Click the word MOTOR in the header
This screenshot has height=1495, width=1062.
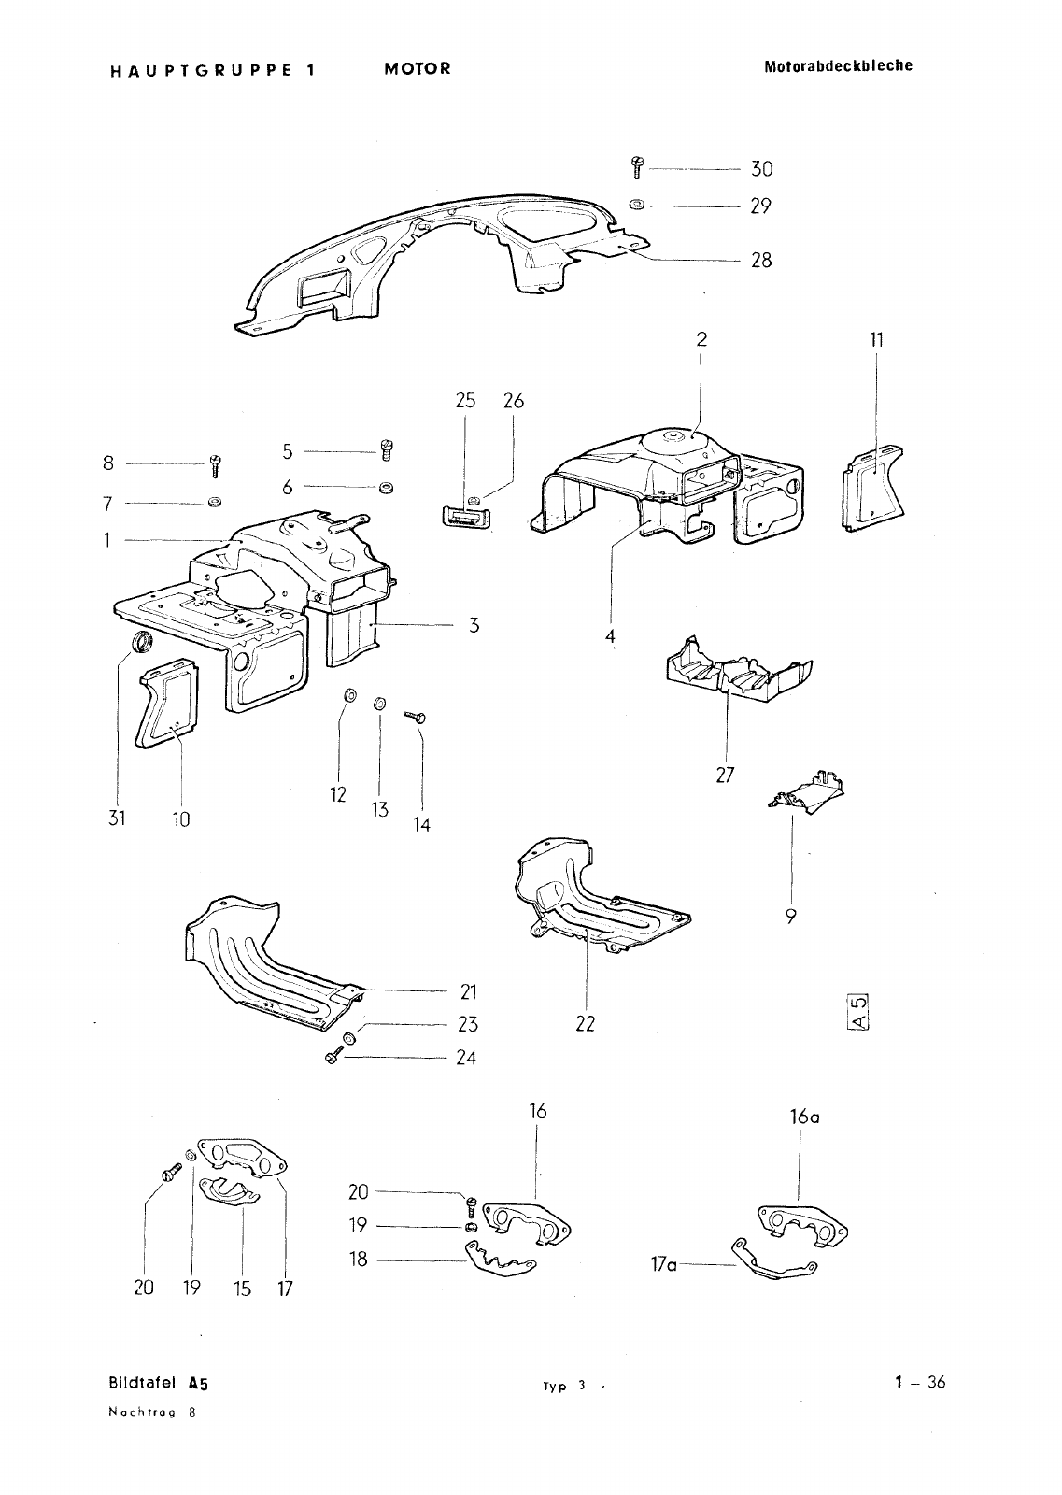(x=417, y=68)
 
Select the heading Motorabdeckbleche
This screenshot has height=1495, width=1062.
(x=838, y=66)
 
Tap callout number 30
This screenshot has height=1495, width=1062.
(x=762, y=169)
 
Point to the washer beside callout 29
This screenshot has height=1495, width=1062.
(x=636, y=205)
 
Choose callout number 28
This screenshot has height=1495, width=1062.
(x=762, y=260)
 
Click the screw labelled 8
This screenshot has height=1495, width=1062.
(x=216, y=463)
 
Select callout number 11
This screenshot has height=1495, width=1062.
(x=876, y=339)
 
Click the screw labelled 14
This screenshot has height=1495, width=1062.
(x=417, y=717)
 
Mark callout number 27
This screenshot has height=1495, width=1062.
(x=726, y=775)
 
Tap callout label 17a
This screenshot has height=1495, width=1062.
(x=663, y=1265)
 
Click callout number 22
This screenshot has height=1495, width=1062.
(x=585, y=1023)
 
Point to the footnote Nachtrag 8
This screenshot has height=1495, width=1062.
(x=151, y=1413)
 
